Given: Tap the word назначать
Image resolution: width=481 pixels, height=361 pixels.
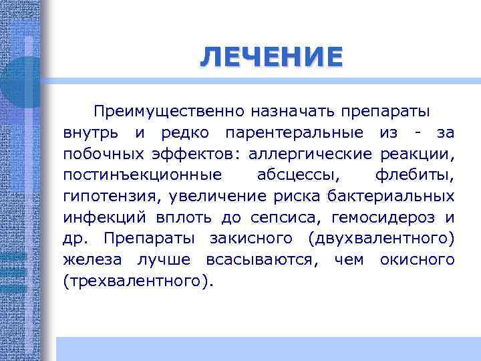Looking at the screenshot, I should [293, 110].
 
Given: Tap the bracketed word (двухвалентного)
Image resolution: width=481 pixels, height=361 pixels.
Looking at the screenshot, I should [381, 239].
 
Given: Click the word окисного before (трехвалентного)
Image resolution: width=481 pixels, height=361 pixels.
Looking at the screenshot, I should [417, 260].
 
